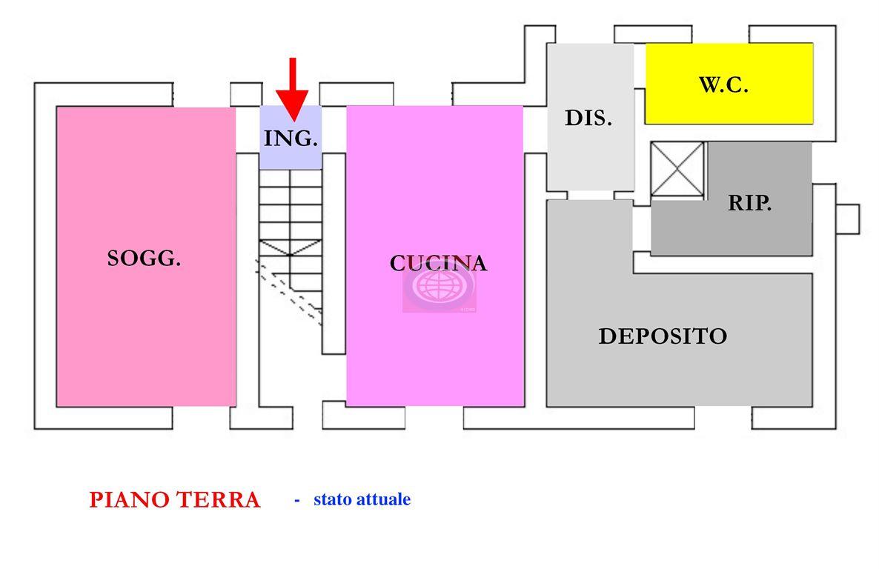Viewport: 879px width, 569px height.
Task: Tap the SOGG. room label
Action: coord(144,259)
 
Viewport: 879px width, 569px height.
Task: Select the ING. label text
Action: coord(291,139)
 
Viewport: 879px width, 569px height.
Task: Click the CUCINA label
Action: coord(438,263)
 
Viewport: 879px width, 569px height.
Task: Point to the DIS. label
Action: coord(588,118)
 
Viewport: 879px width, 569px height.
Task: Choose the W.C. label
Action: coord(723,84)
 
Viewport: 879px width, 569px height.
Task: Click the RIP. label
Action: coord(749,203)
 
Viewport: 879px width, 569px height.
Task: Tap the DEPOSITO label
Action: coord(663,336)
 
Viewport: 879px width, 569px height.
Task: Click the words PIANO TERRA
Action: coord(174,500)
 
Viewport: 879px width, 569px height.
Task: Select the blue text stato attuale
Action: coord(362,499)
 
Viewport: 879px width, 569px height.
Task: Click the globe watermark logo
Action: coord(439,287)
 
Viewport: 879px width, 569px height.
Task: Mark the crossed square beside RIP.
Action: coord(677,170)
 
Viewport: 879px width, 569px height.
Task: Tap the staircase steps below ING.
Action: coord(290,211)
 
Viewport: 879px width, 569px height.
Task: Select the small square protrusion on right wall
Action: coord(847,219)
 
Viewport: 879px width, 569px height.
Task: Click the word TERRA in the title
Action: coord(218,500)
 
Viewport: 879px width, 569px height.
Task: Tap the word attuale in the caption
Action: coord(383,499)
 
